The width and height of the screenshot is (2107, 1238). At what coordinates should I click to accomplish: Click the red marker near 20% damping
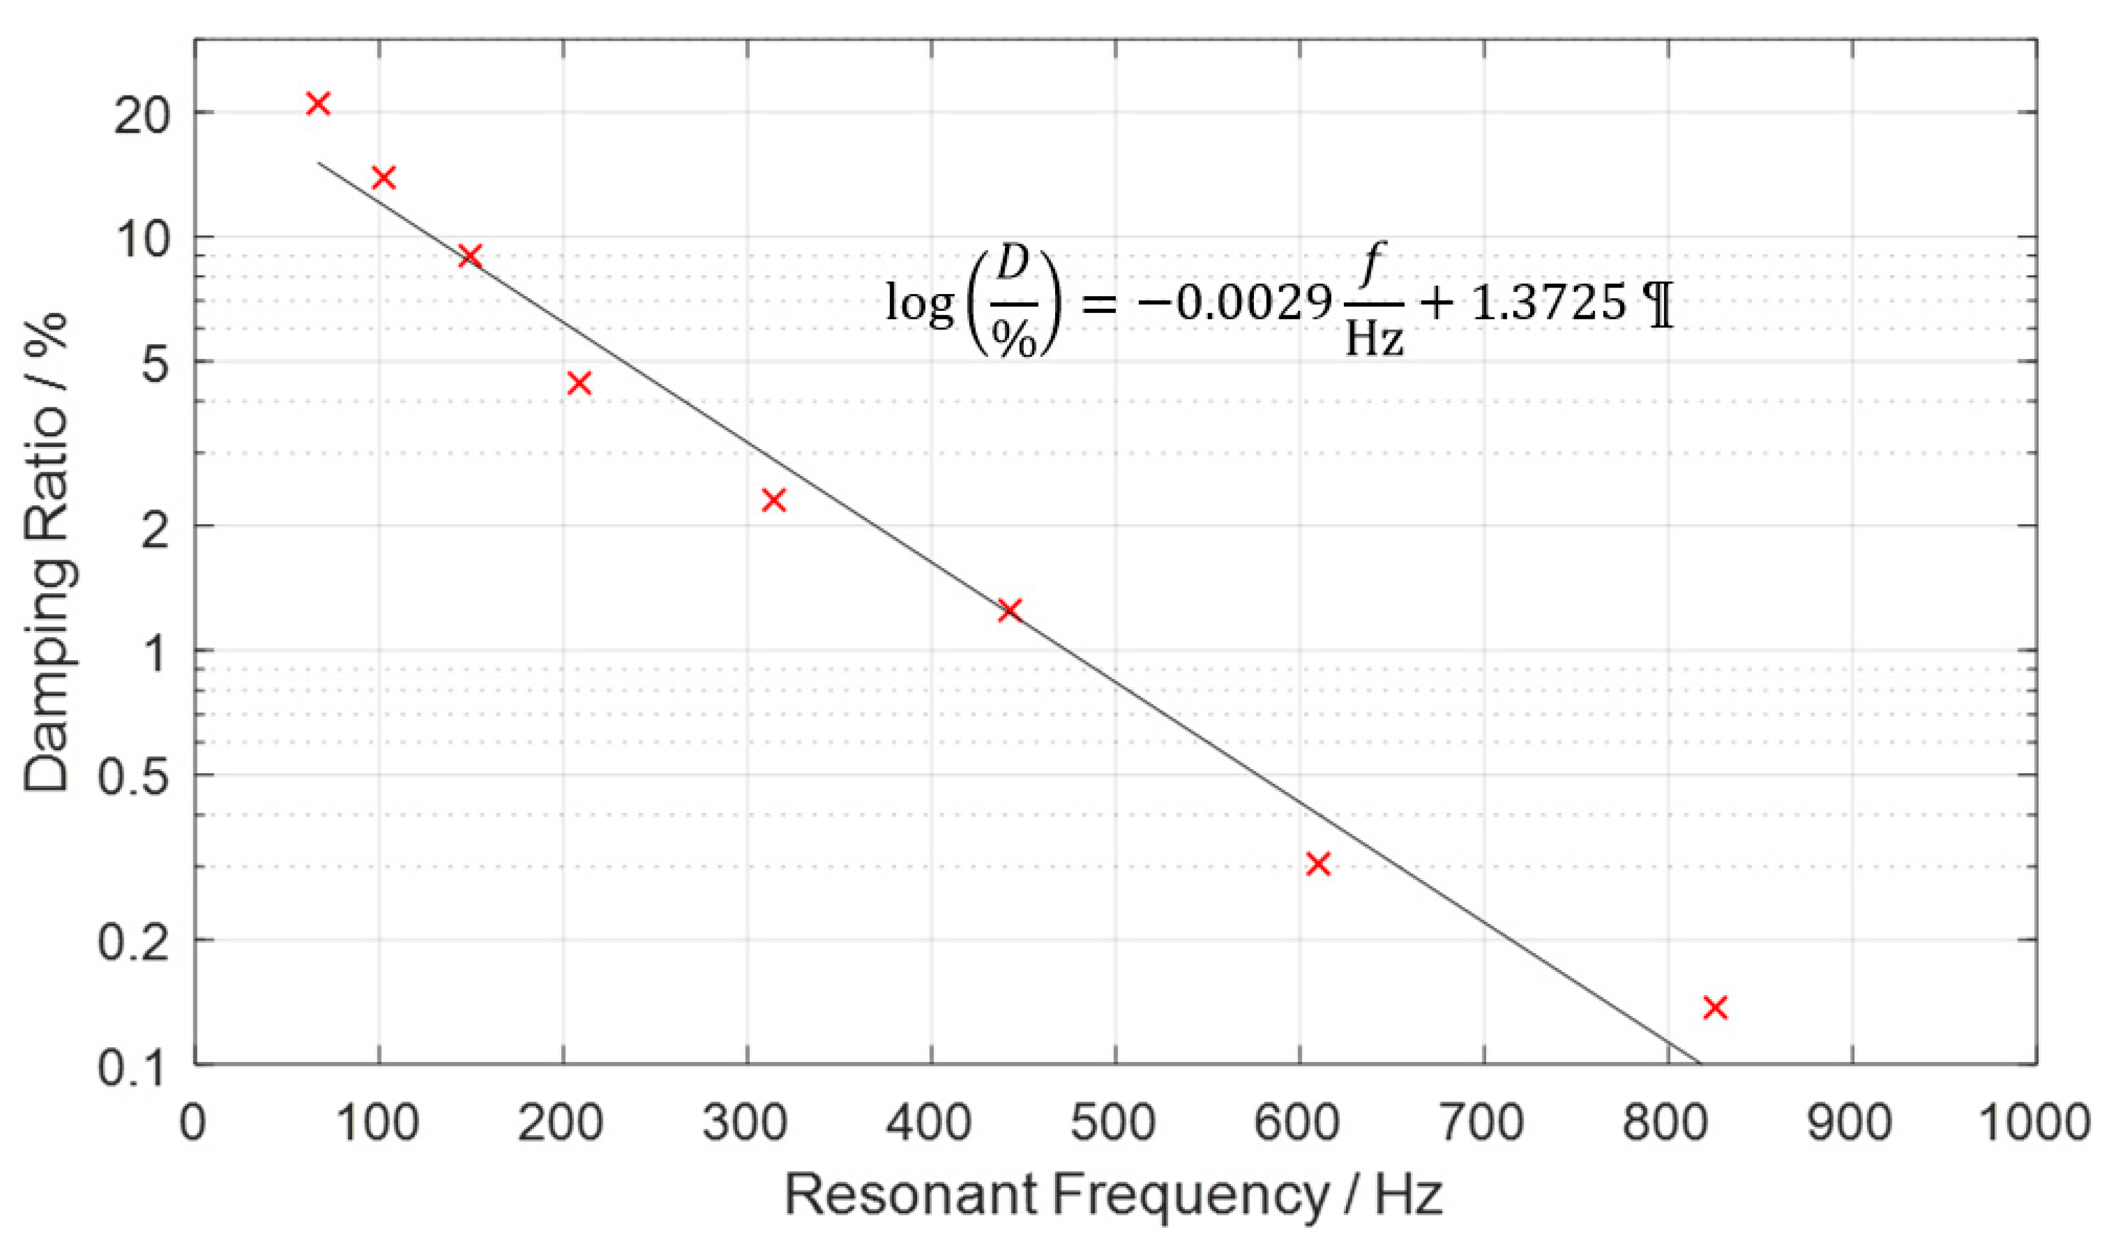point(318,103)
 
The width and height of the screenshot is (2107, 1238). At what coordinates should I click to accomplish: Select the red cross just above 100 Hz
point(383,177)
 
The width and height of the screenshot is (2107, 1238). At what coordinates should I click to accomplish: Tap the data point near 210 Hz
point(578,383)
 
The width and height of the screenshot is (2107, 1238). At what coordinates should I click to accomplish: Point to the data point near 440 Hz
point(1010,609)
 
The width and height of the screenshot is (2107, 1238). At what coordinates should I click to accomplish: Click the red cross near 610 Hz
point(1318,863)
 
